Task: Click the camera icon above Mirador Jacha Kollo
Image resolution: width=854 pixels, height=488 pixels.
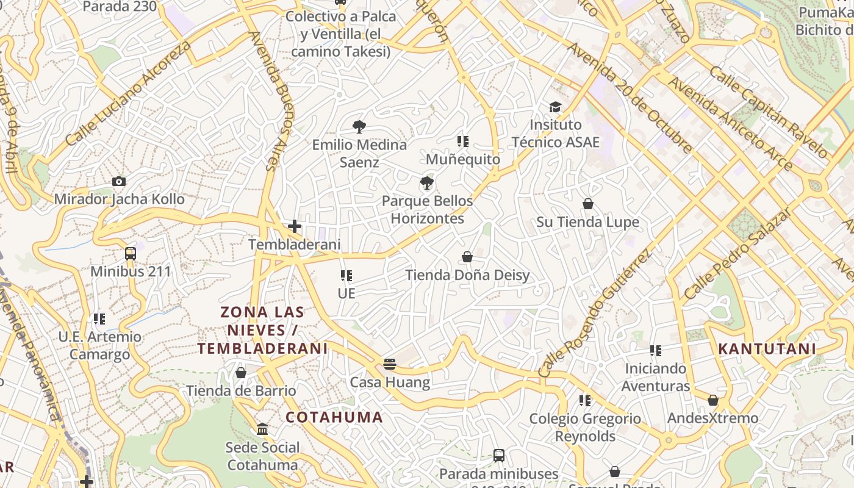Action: tap(119, 181)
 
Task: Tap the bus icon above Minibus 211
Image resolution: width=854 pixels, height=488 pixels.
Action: tap(130, 253)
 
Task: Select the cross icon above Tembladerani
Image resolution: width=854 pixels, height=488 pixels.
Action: tap(295, 226)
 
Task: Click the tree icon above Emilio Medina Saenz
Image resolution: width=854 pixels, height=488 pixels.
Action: tap(359, 127)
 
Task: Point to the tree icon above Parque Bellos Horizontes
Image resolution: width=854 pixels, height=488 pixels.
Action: tap(427, 183)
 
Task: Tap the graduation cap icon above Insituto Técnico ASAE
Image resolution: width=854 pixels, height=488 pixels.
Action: tap(555, 107)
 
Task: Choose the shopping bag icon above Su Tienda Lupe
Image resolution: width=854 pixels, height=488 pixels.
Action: tap(588, 204)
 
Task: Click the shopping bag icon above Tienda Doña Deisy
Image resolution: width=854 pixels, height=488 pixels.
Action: tap(467, 257)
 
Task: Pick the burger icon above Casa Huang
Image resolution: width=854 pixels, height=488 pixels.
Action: tap(390, 365)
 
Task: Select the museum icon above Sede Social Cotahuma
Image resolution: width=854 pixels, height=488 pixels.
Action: tap(263, 429)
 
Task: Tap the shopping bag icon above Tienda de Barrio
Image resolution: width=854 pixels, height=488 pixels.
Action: tap(241, 373)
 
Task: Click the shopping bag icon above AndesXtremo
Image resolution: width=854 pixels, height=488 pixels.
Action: tap(712, 400)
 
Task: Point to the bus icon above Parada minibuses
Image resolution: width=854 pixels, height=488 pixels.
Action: tap(498, 455)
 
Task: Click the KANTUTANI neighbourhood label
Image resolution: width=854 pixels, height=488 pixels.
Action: tap(767, 349)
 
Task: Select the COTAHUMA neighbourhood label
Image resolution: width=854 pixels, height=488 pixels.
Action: tap(334, 417)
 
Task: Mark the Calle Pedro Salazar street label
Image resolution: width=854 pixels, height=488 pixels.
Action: tap(738, 252)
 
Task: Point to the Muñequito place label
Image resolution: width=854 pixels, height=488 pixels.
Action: tap(463, 159)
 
